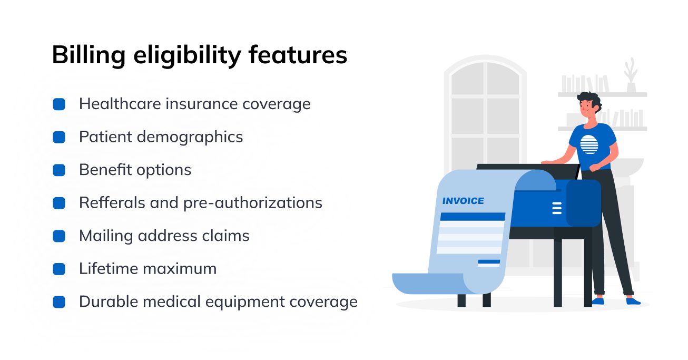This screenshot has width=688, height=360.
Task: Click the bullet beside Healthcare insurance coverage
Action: [x=59, y=104]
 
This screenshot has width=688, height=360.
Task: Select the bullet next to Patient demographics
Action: [x=59, y=137]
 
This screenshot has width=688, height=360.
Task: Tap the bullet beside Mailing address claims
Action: [x=59, y=236]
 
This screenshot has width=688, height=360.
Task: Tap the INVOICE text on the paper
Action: [x=463, y=201]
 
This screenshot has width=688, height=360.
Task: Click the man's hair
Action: [x=588, y=99]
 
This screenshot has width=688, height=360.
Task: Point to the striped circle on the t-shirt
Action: [x=588, y=144]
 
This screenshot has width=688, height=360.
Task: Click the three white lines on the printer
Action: [x=557, y=208]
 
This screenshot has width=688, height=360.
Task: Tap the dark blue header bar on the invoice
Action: [x=472, y=216]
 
